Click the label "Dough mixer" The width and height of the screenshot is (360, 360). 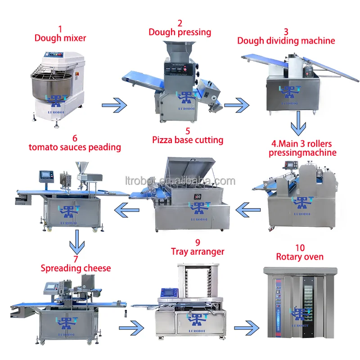click(x=60, y=38)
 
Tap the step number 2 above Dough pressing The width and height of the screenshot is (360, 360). click(x=180, y=23)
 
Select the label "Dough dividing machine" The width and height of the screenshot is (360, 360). click(x=286, y=40)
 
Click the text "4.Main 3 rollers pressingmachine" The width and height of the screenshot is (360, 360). click(x=302, y=148)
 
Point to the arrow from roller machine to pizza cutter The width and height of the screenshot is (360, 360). click(x=248, y=208)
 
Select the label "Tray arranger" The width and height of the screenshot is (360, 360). click(x=198, y=252)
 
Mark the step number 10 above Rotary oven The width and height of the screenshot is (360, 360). click(x=300, y=247)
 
